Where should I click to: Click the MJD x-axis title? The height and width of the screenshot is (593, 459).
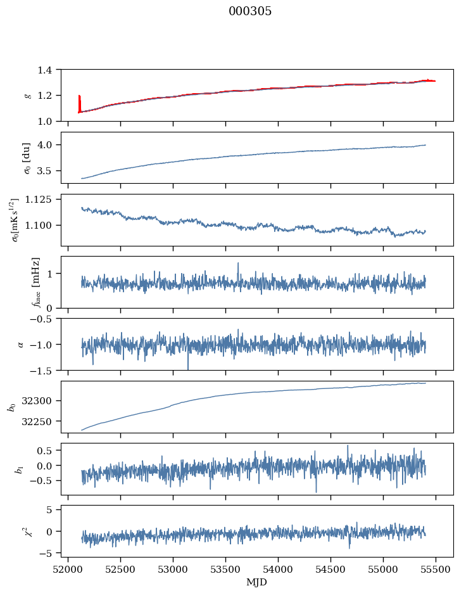257,582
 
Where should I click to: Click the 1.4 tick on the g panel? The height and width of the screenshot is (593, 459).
47,70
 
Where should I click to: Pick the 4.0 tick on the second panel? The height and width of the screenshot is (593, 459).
47,145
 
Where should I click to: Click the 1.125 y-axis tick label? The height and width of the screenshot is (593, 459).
40,200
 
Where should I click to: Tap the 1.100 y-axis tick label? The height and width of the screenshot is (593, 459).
40,226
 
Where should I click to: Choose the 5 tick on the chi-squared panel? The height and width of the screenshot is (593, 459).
51,510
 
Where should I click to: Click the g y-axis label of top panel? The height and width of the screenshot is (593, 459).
27,95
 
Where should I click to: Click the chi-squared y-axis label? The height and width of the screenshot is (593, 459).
26,531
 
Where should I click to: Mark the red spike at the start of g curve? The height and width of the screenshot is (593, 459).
79,101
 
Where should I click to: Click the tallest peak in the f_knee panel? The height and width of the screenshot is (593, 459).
238,264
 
